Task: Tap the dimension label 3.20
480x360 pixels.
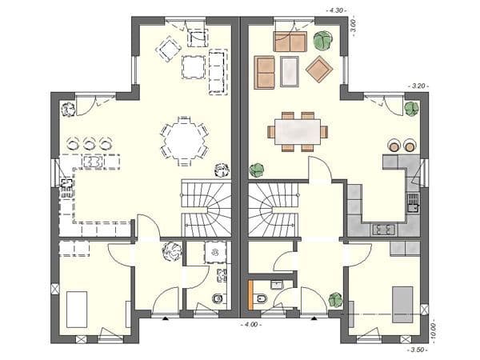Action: point(418,85)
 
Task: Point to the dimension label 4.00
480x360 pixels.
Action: point(251,326)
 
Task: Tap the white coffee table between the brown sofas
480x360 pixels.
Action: point(290,70)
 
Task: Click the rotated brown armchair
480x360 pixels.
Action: point(319,69)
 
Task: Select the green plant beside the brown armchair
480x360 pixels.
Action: point(324,39)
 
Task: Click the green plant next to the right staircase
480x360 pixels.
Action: point(257,170)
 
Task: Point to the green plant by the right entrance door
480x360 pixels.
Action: point(334,301)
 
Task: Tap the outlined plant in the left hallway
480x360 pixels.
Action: point(170,252)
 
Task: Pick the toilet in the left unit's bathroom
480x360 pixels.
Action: point(217,300)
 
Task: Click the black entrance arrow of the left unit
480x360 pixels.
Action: point(164,318)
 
